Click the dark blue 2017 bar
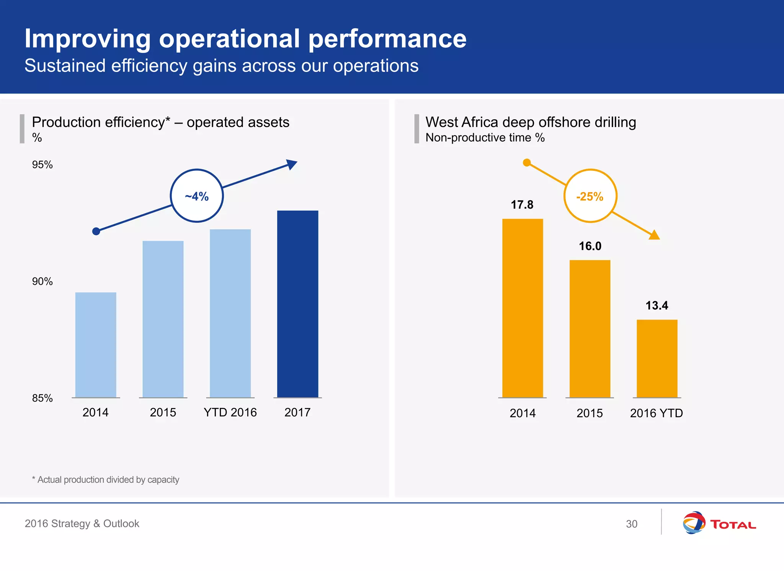(297, 304)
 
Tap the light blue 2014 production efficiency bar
(96, 344)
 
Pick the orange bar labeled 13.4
(657, 358)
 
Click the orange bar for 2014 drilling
(523, 308)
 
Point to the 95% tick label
(42, 165)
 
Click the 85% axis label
(42, 398)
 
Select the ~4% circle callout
(197, 196)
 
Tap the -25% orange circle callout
(590, 196)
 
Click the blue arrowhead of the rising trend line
(292, 165)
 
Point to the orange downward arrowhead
(654, 235)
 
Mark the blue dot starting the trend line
(96, 231)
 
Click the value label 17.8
(522, 205)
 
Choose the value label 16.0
(590, 246)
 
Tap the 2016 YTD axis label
(656, 413)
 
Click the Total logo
(719, 523)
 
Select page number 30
(631, 524)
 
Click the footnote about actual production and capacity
(106, 480)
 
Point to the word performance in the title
(387, 39)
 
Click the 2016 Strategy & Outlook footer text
(82, 524)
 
